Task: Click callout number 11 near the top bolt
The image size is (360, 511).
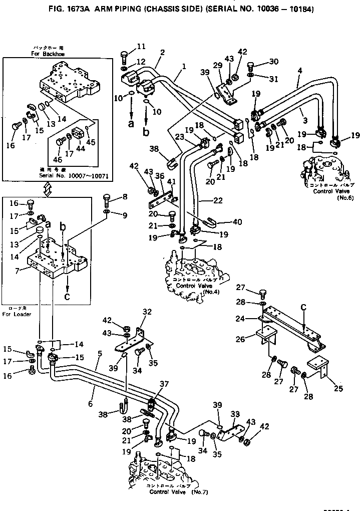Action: coord(141,47)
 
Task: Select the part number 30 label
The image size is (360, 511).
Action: coord(273,62)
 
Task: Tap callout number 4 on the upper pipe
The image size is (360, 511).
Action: coord(299,71)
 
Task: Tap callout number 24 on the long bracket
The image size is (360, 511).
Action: coord(254,318)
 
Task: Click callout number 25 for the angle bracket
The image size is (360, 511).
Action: coord(326,389)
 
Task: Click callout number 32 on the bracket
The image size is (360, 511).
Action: coord(146,312)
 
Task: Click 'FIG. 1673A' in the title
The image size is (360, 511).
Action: coord(69,9)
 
